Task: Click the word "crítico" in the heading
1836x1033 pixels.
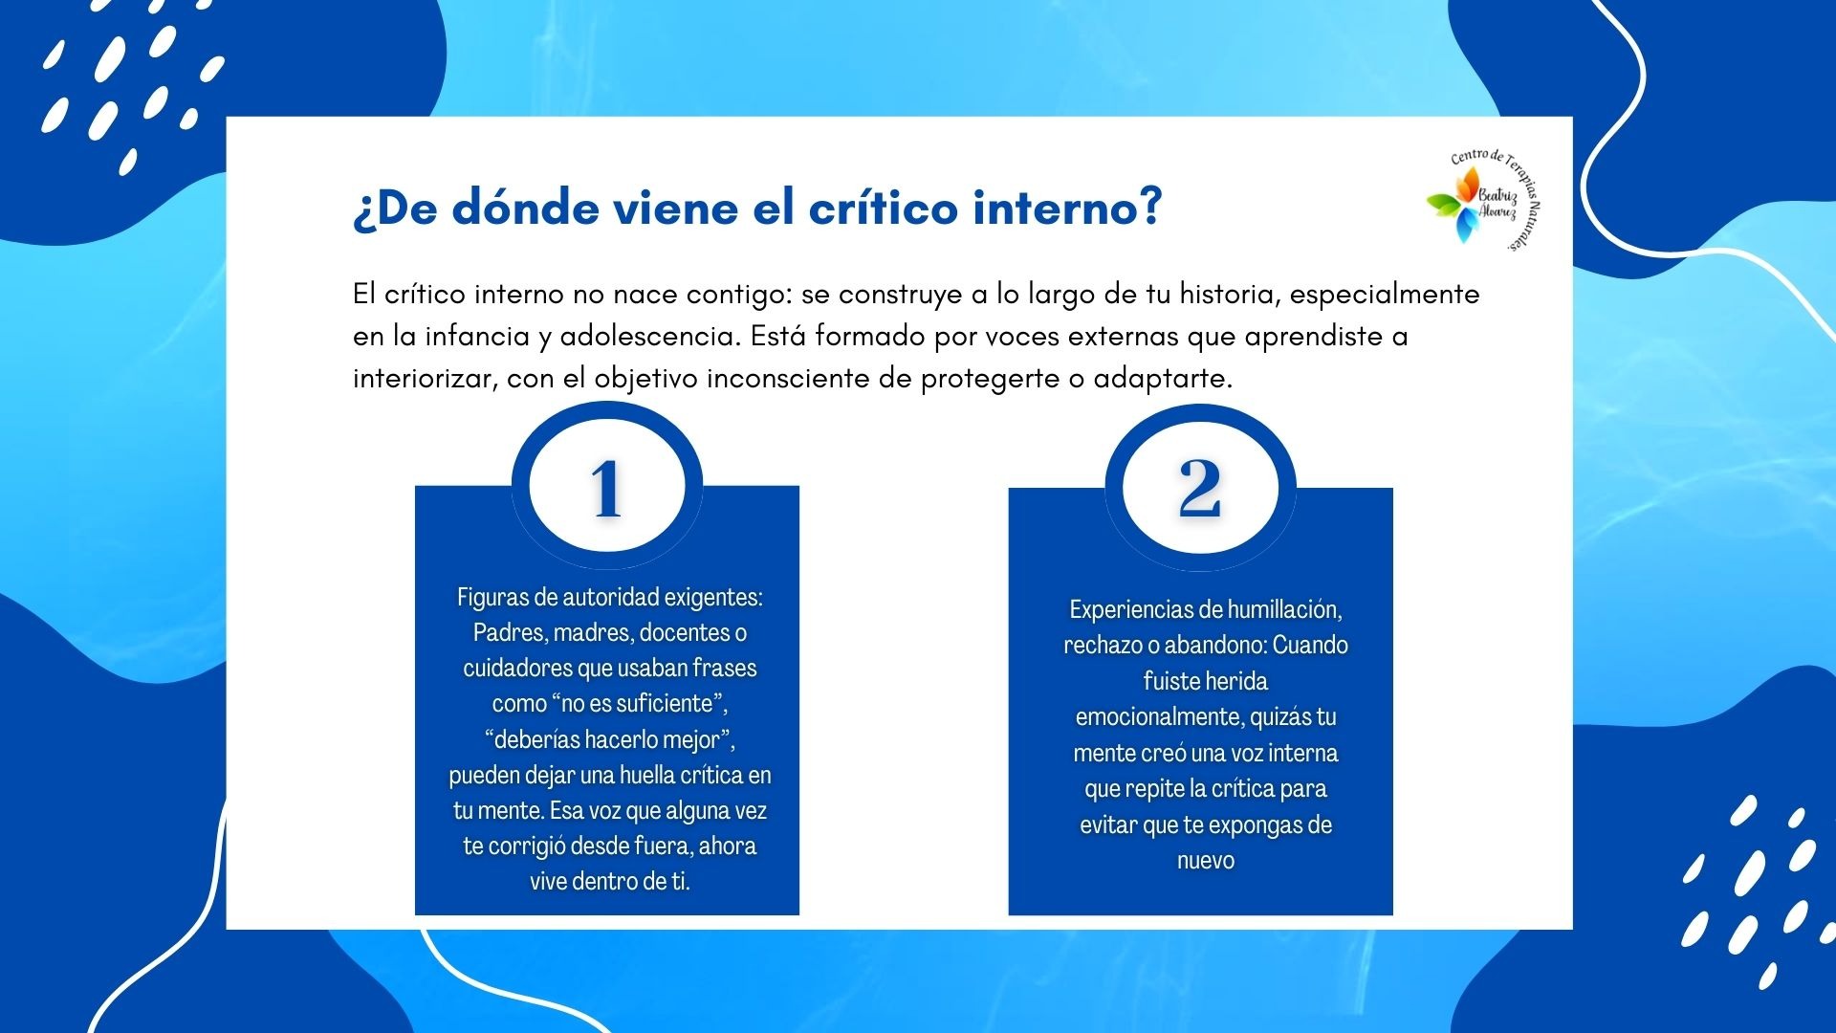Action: coord(883,208)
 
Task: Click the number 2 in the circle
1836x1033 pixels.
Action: coord(1200,489)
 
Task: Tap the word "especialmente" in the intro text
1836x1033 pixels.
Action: coord(1385,295)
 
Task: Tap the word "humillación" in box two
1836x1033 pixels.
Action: coord(1284,610)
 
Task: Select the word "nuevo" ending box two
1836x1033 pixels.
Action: coord(1206,861)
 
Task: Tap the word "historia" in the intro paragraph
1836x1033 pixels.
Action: coord(1231,295)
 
